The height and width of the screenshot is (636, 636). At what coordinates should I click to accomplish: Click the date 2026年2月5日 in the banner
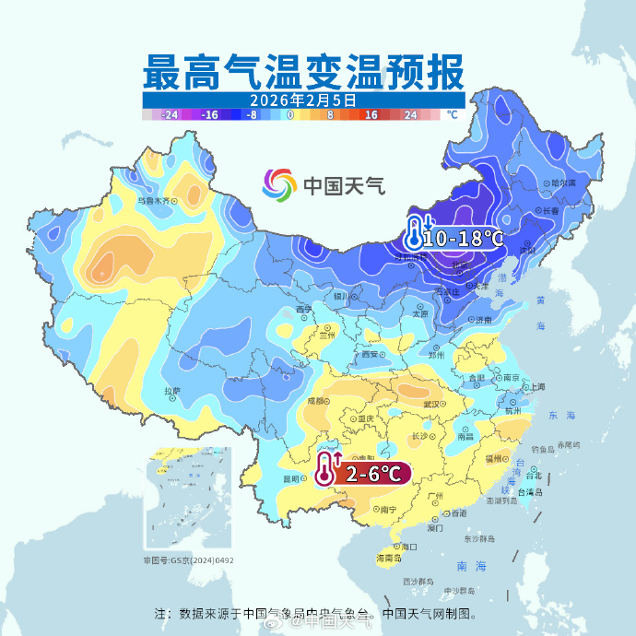302,99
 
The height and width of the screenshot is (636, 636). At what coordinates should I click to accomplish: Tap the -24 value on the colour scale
170,115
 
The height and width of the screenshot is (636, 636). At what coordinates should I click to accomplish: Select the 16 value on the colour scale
371,115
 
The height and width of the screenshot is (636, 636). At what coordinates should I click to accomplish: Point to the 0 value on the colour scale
290,115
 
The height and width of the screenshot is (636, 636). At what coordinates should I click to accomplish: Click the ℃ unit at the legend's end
452,115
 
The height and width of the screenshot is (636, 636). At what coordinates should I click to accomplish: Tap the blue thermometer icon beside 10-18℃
417,233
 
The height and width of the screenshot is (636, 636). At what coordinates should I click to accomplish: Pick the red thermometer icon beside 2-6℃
326,469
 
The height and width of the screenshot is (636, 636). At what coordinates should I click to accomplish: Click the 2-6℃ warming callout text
373,474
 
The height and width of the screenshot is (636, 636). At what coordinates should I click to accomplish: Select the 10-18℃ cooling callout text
465,238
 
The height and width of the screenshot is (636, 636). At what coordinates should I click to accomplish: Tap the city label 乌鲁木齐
154,198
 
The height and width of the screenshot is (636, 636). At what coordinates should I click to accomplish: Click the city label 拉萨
171,391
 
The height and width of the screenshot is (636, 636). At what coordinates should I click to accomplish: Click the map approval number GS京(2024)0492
188,559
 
